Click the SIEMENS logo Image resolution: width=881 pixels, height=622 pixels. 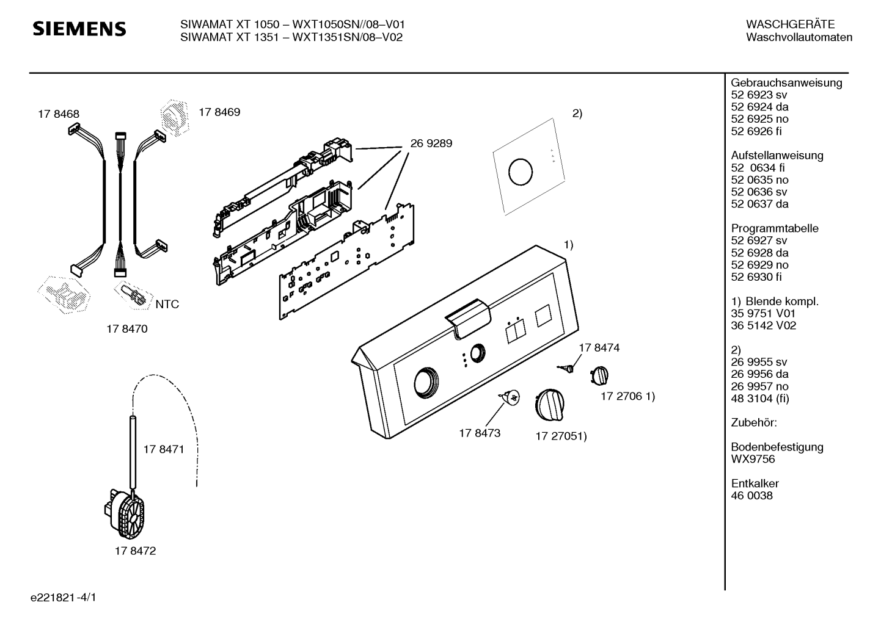coord(79,29)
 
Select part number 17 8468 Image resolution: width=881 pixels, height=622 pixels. coord(59,114)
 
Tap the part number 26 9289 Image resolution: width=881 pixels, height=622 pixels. coord(431,143)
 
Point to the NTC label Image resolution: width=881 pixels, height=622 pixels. coord(167,304)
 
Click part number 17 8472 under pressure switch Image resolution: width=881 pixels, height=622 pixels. coord(135,551)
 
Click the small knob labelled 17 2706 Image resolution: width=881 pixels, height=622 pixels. coord(599,375)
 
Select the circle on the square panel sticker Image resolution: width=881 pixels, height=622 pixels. coord(521,172)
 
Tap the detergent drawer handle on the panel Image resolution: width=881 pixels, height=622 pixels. coord(468,317)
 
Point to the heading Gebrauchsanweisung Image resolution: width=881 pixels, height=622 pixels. coord(787,83)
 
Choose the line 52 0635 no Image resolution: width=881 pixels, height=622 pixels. coord(760,180)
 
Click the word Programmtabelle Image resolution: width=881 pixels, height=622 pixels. coord(775,228)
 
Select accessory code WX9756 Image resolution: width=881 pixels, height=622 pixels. coord(753,459)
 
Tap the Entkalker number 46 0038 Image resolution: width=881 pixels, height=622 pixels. coord(752,496)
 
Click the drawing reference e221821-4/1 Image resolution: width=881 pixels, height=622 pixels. coord(64,598)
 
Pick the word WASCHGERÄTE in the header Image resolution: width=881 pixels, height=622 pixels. coord(791,24)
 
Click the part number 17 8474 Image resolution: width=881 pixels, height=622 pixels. coord(599,348)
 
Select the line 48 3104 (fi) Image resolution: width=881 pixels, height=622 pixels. coord(760,399)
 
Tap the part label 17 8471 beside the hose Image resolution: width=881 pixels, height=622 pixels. coord(164,449)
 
